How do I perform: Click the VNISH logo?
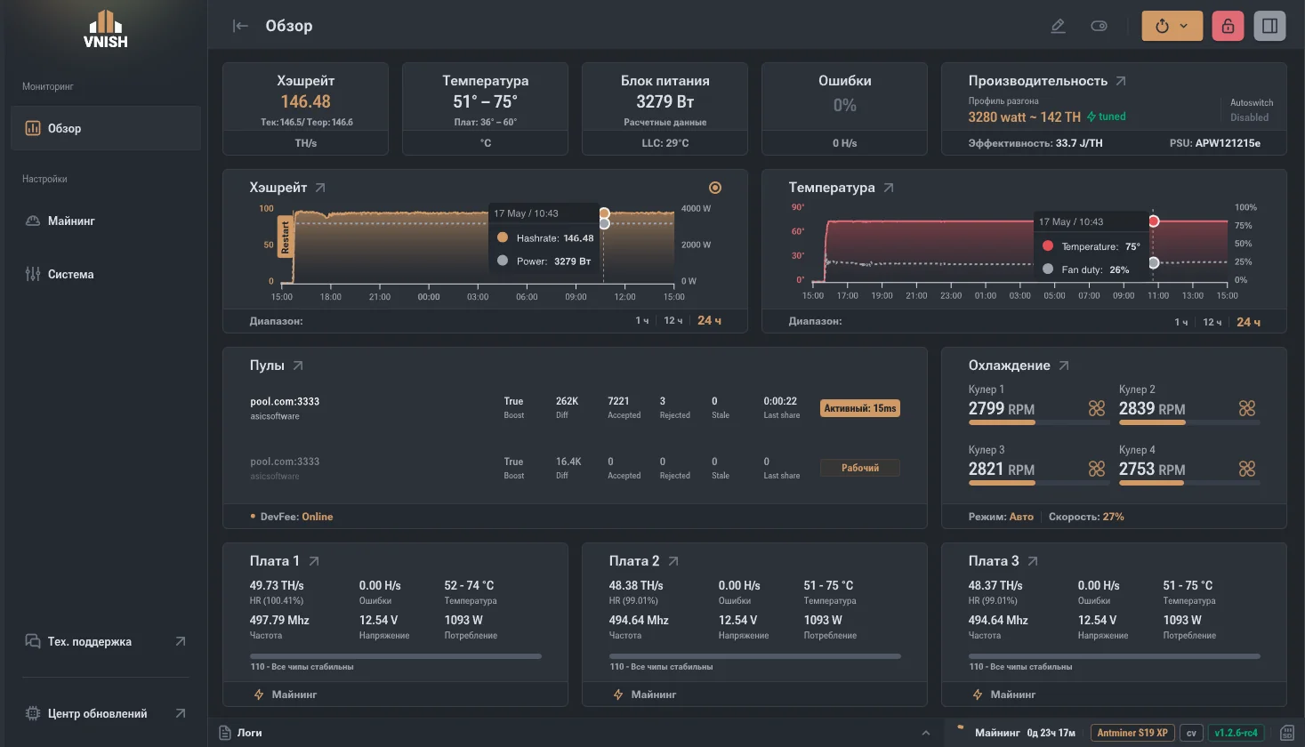(106, 28)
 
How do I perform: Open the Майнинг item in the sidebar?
(71, 221)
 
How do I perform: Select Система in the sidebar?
(70, 274)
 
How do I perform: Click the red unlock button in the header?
(1228, 26)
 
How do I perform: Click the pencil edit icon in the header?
(1058, 26)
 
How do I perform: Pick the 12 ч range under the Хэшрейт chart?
(673, 321)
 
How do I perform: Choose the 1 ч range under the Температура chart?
(1181, 322)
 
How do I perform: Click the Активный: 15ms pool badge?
(860, 408)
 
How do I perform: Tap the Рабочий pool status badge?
(860, 468)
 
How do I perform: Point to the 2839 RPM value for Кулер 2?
(1152, 409)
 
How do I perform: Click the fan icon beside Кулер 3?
(1097, 469)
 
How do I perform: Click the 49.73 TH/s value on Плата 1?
(277, 585)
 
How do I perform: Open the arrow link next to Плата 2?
(673, 560)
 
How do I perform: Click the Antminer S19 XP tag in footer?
(1132, 733)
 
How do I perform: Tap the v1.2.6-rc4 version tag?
(1236, 733)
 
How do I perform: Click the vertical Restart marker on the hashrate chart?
(285, 237)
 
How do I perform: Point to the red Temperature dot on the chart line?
(1154, 221)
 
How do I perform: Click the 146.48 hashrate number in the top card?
(306, 101)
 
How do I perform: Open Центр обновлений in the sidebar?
(97, 713)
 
